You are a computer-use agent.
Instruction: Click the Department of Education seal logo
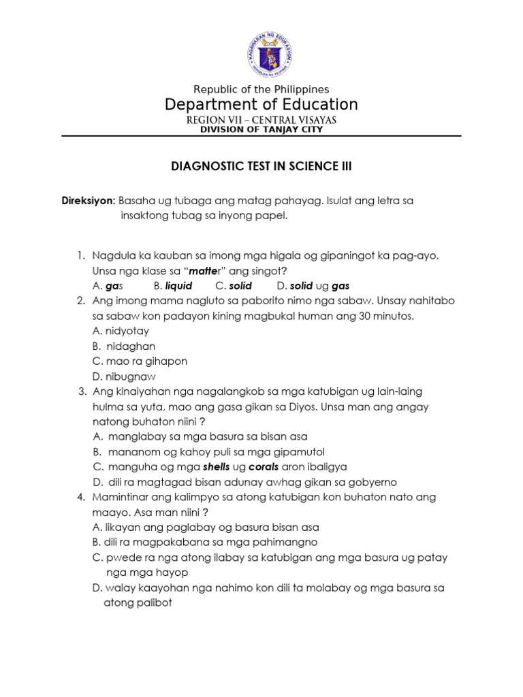click(x=261, y=56)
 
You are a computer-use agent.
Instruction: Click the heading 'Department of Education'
click(x=261, y=105)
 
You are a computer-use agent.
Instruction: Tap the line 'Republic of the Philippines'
click(x=261, y=89)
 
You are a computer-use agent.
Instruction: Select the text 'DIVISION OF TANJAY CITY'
click(x=261, y=129)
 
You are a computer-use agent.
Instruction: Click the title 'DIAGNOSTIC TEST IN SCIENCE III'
click(x=261, y=165)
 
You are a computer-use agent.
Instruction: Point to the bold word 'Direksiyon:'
click(x=89, y=201)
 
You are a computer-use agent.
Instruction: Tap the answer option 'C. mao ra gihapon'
click(x=139, y=361)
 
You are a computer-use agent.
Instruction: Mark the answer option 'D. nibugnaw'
click(x=123, y=376)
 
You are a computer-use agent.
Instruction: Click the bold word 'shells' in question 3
click(x=217, y=466)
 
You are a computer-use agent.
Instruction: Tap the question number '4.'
click(x=81, y=497)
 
